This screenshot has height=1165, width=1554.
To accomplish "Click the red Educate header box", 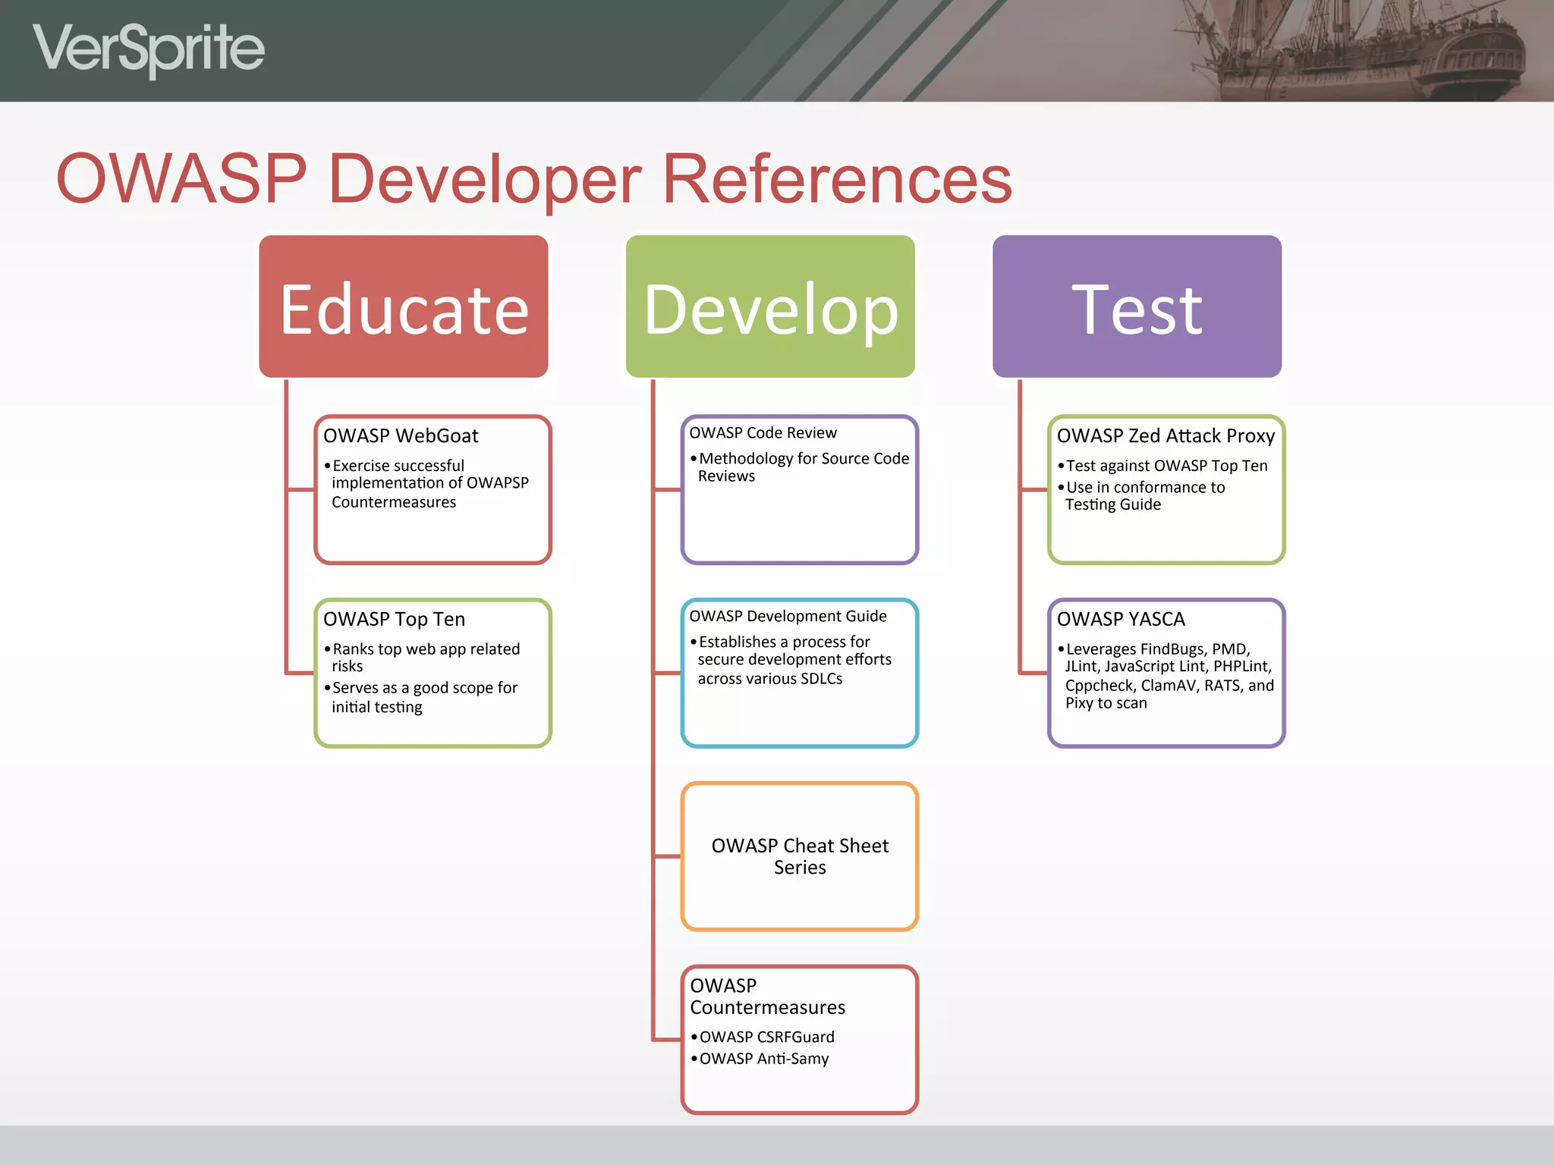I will [403, 306].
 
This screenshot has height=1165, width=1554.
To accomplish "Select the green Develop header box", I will [770, 306].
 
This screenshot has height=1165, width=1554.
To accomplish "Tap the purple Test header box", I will [1137, 306].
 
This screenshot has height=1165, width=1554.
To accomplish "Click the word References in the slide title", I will [837, 179].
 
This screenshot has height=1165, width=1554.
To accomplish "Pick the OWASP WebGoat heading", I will [401, 436].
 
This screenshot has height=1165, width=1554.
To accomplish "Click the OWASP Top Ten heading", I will [394, 620].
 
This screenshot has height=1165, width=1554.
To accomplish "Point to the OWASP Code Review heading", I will [763, 433].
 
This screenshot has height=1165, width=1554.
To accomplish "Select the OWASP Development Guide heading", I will [788, 617].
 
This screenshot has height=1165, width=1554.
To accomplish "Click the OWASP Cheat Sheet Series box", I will [800, 856].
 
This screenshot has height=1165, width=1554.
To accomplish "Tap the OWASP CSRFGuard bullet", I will [766, 1037].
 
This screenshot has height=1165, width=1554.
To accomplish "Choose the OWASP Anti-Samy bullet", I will [763, 1059].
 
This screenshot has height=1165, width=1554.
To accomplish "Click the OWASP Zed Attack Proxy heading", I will [1165, 436].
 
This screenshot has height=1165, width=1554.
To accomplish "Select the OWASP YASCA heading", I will [1121, 620].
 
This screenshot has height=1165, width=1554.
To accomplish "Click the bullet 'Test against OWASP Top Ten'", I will [1166, 466].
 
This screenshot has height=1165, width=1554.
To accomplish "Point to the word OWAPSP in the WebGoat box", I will [497, 483].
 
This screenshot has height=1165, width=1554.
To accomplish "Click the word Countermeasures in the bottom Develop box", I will [767, 1008].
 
